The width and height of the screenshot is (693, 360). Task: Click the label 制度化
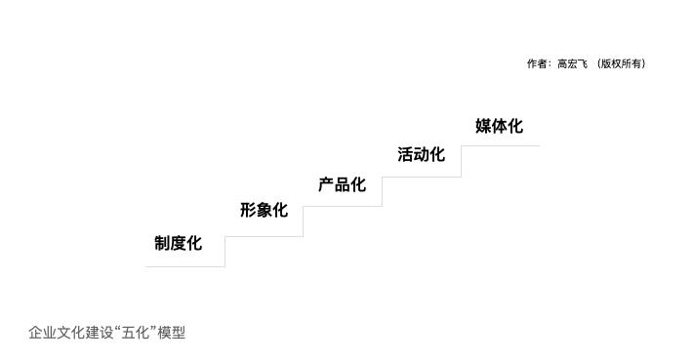coord(178,244)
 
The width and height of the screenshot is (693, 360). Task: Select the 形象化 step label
coord(264,210)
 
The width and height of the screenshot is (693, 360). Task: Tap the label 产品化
coord(342,185)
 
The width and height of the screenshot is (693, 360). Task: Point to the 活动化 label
coord(421,155)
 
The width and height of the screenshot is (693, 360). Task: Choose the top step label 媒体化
coord(499,126)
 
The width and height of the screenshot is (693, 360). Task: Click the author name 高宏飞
coord(572,64)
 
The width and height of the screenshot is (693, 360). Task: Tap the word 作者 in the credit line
coord(537,64)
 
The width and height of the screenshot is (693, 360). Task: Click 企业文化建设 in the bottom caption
coord(70,333)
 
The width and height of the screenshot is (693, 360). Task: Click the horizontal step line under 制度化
coord(185,265)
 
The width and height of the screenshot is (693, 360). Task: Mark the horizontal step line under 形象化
coord(264,236)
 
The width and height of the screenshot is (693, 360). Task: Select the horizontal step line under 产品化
coord(342,206)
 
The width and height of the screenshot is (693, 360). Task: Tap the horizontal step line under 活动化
coord(421,177)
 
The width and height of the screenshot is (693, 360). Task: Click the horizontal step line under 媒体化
coord(500,146)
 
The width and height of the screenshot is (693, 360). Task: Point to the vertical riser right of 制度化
coord(224,251)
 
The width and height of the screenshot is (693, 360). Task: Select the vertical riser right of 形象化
coord(303,221)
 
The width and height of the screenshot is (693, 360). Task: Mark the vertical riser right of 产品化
coord(382,191)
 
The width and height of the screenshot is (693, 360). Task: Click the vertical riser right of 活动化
coord(461,162)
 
